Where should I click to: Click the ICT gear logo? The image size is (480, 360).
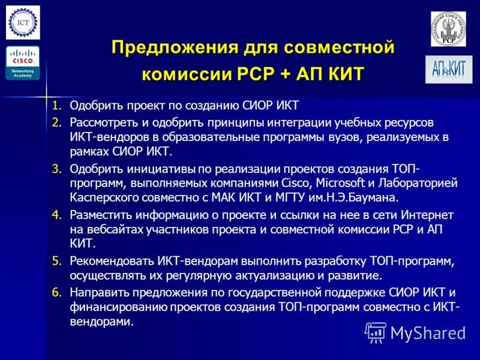pyautogui.click(x=23, y=23)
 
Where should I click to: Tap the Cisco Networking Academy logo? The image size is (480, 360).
pyautogui.click(x=23, y=63)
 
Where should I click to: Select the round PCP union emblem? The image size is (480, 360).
pyautogui.click(x=448, y=29)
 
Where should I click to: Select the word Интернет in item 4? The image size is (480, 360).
pyautogui.click(x=428, y=215)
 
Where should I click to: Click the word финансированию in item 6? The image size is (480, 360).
pyautogui.click(x=116, y=308)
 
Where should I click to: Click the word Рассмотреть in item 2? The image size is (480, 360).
pyautogui.click(x=101, y=122)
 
